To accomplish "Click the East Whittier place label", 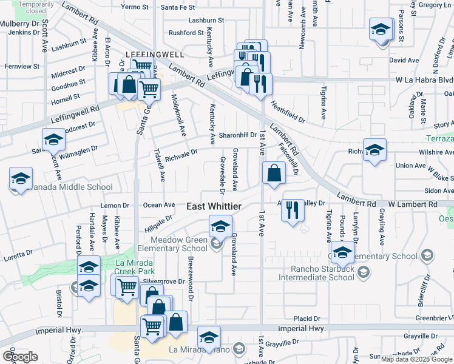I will (213, 207).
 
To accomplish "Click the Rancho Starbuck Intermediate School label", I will (316, 273).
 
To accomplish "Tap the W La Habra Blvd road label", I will (424, 79).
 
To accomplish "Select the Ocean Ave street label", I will (159, 205).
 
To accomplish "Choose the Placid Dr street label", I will (307, 318).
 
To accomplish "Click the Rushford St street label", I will (186, 33).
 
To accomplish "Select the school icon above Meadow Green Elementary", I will (220, 227).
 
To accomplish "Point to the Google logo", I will (20, 357).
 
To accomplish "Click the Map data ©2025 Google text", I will (417, 359).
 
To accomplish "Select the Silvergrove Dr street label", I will (164, 281).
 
